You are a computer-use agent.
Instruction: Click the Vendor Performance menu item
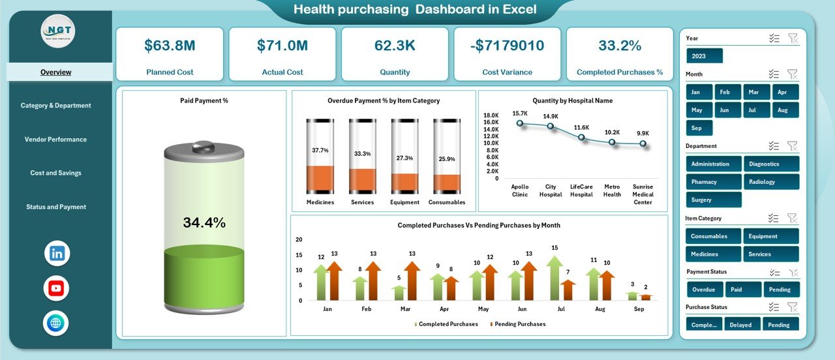pos(55,139)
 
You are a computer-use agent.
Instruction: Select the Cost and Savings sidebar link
pos(55,173)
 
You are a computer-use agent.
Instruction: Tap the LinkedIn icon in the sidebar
pos(57,254)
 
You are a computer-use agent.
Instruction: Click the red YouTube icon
pos(57,288)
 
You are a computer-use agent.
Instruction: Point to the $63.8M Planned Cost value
pos(170,46)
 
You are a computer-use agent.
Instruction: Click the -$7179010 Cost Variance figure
pos(507,46)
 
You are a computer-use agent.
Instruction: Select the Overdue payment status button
pos(704,290)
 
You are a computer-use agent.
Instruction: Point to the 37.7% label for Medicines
pos(320,150)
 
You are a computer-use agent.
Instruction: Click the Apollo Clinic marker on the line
pos(519,123)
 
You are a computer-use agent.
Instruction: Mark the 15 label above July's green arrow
pos(554,248)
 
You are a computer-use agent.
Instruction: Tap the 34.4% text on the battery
pos(204,222)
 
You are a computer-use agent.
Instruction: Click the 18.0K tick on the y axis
pos(491,115)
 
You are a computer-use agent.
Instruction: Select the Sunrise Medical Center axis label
pos(643,194)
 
